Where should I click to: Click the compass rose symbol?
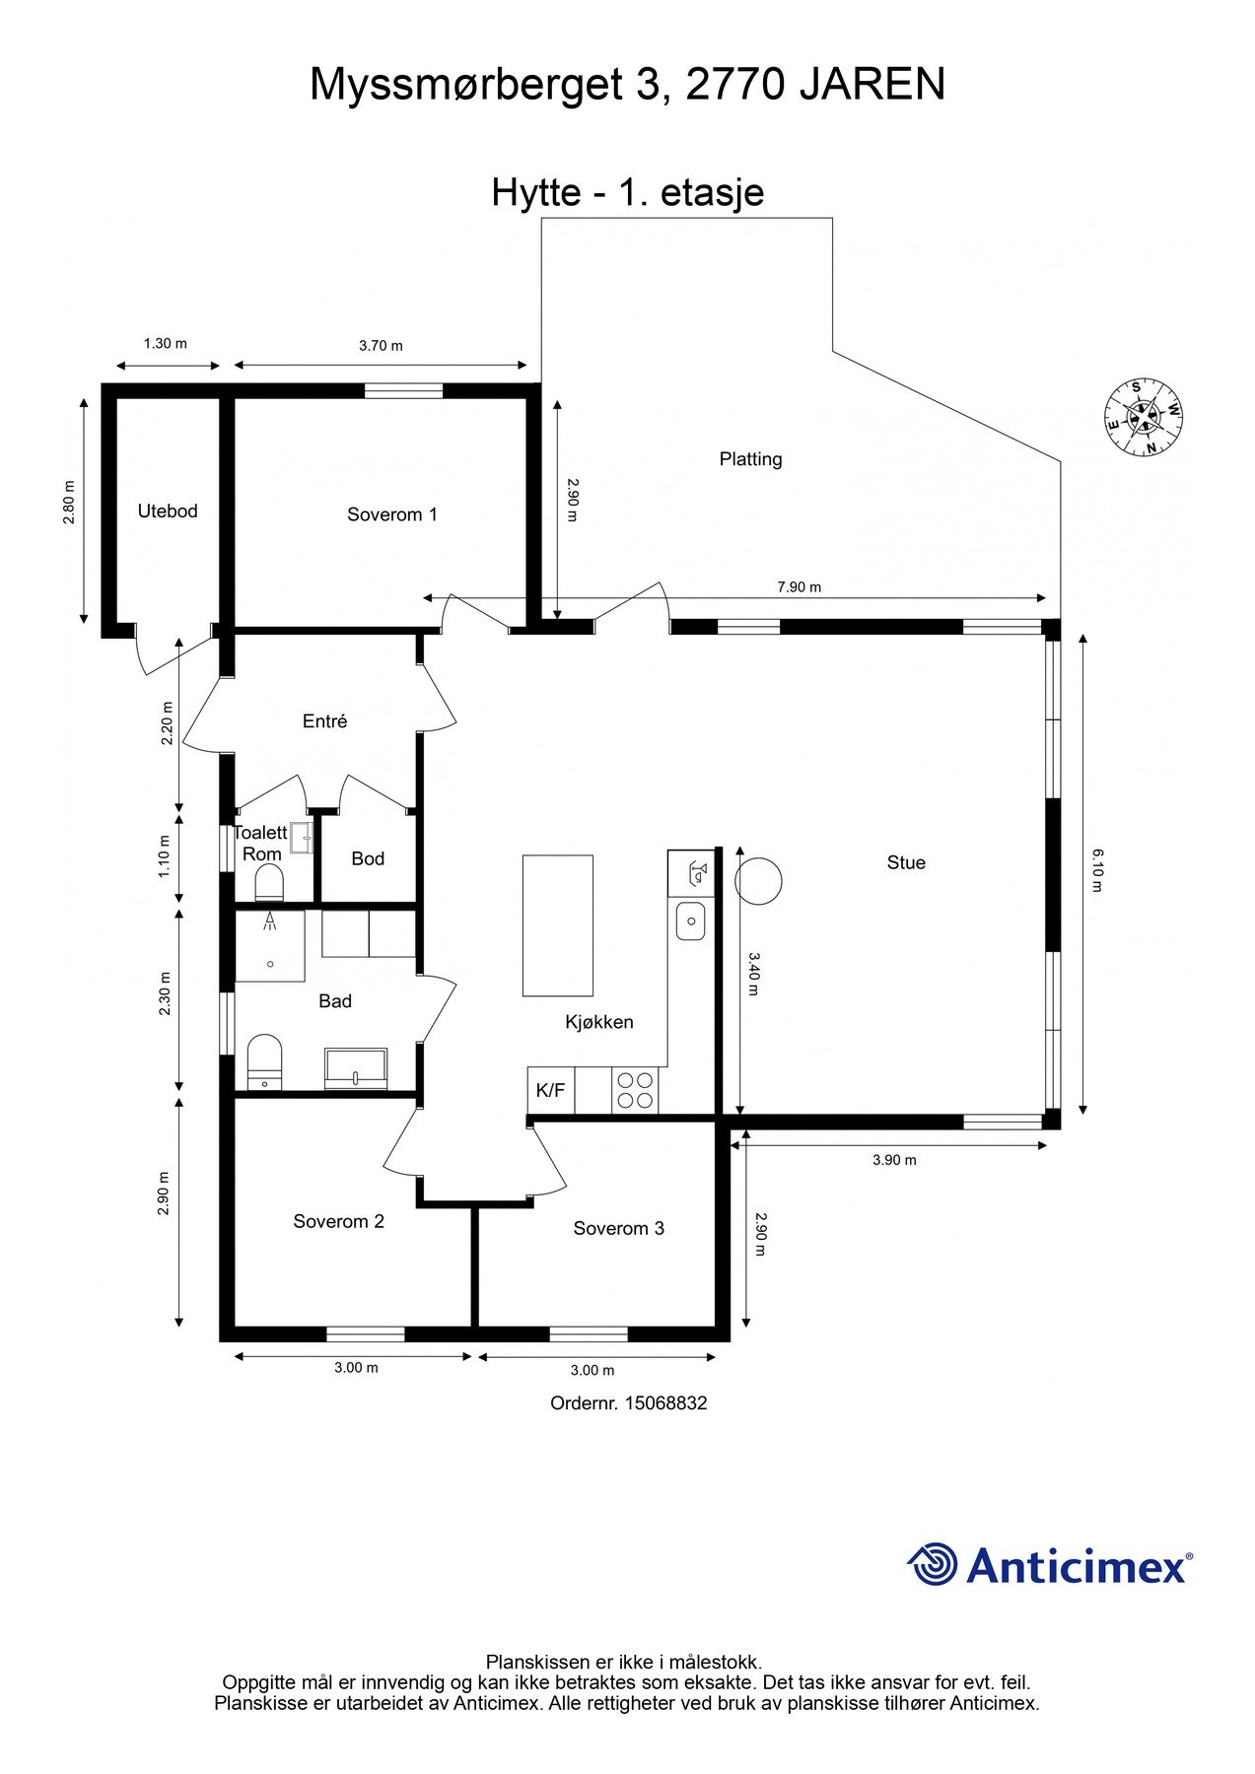click(1143, 419)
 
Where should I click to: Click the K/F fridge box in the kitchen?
click(550, 1090)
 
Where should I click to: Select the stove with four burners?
click(635, 1090)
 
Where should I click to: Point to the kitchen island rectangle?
click(557, 925)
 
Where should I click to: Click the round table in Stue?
click(758, 881)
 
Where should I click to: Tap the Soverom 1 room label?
click(391, 514)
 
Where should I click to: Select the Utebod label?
click(168, 511)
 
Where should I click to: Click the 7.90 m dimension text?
click(799, 587)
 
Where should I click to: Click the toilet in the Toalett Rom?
click(269, 883)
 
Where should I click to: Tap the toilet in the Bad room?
click(264, 1060)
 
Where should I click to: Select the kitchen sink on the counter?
click(690, 921)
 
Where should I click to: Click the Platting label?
click(750, 459)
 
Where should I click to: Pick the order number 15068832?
click(665, 1402)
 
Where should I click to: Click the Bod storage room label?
click(368, 859)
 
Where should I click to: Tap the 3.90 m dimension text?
click(894, 1160)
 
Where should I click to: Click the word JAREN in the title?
click(872, 85)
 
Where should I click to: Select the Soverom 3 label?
click(618, 1228)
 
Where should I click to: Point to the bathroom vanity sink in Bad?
click(356, 1068)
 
